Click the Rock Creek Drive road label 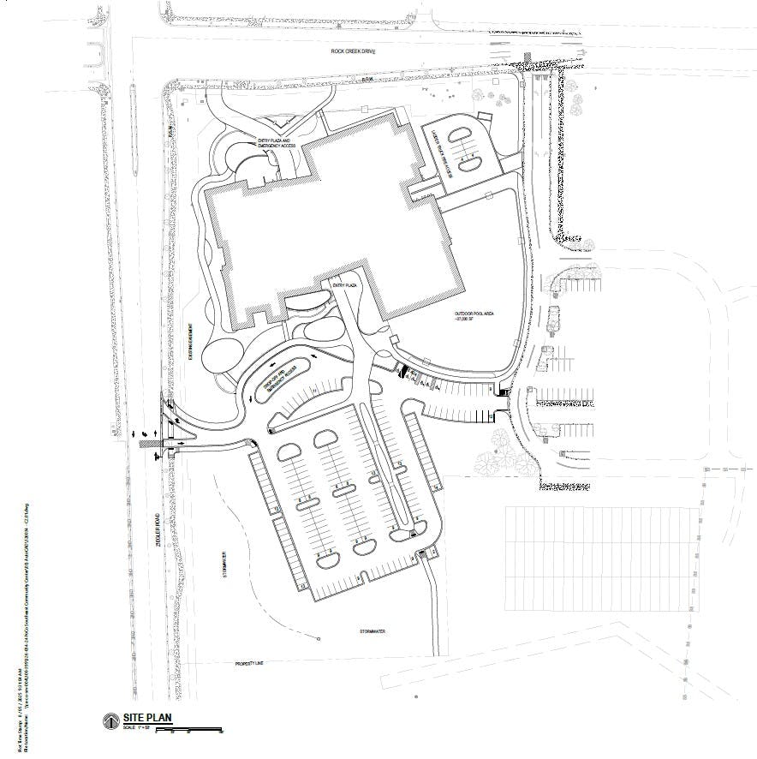[x=354, y=51]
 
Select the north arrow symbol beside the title [x=110, y=720]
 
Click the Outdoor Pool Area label [x=476, y=316]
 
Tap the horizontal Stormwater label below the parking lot [x=373, y=631]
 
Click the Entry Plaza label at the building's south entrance [x=342, y=283]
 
